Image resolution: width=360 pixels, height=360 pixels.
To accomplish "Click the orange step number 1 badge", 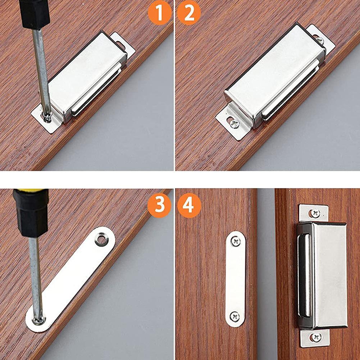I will point(159,13).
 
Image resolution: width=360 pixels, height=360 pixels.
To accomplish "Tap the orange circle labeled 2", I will point(189,13).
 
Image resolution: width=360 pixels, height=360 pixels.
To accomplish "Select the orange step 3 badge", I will point(159,206).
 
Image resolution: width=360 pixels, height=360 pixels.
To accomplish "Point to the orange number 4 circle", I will point(189,206).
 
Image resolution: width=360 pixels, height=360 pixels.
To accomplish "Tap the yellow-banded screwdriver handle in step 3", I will point(31,212).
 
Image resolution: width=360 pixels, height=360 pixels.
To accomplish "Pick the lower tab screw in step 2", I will point(234,123).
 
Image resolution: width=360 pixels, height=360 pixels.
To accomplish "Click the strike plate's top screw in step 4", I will point(236,241).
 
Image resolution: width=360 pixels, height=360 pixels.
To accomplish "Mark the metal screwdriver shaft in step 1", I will point(41,68).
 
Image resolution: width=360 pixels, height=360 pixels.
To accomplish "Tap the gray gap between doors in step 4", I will point(266,273).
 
